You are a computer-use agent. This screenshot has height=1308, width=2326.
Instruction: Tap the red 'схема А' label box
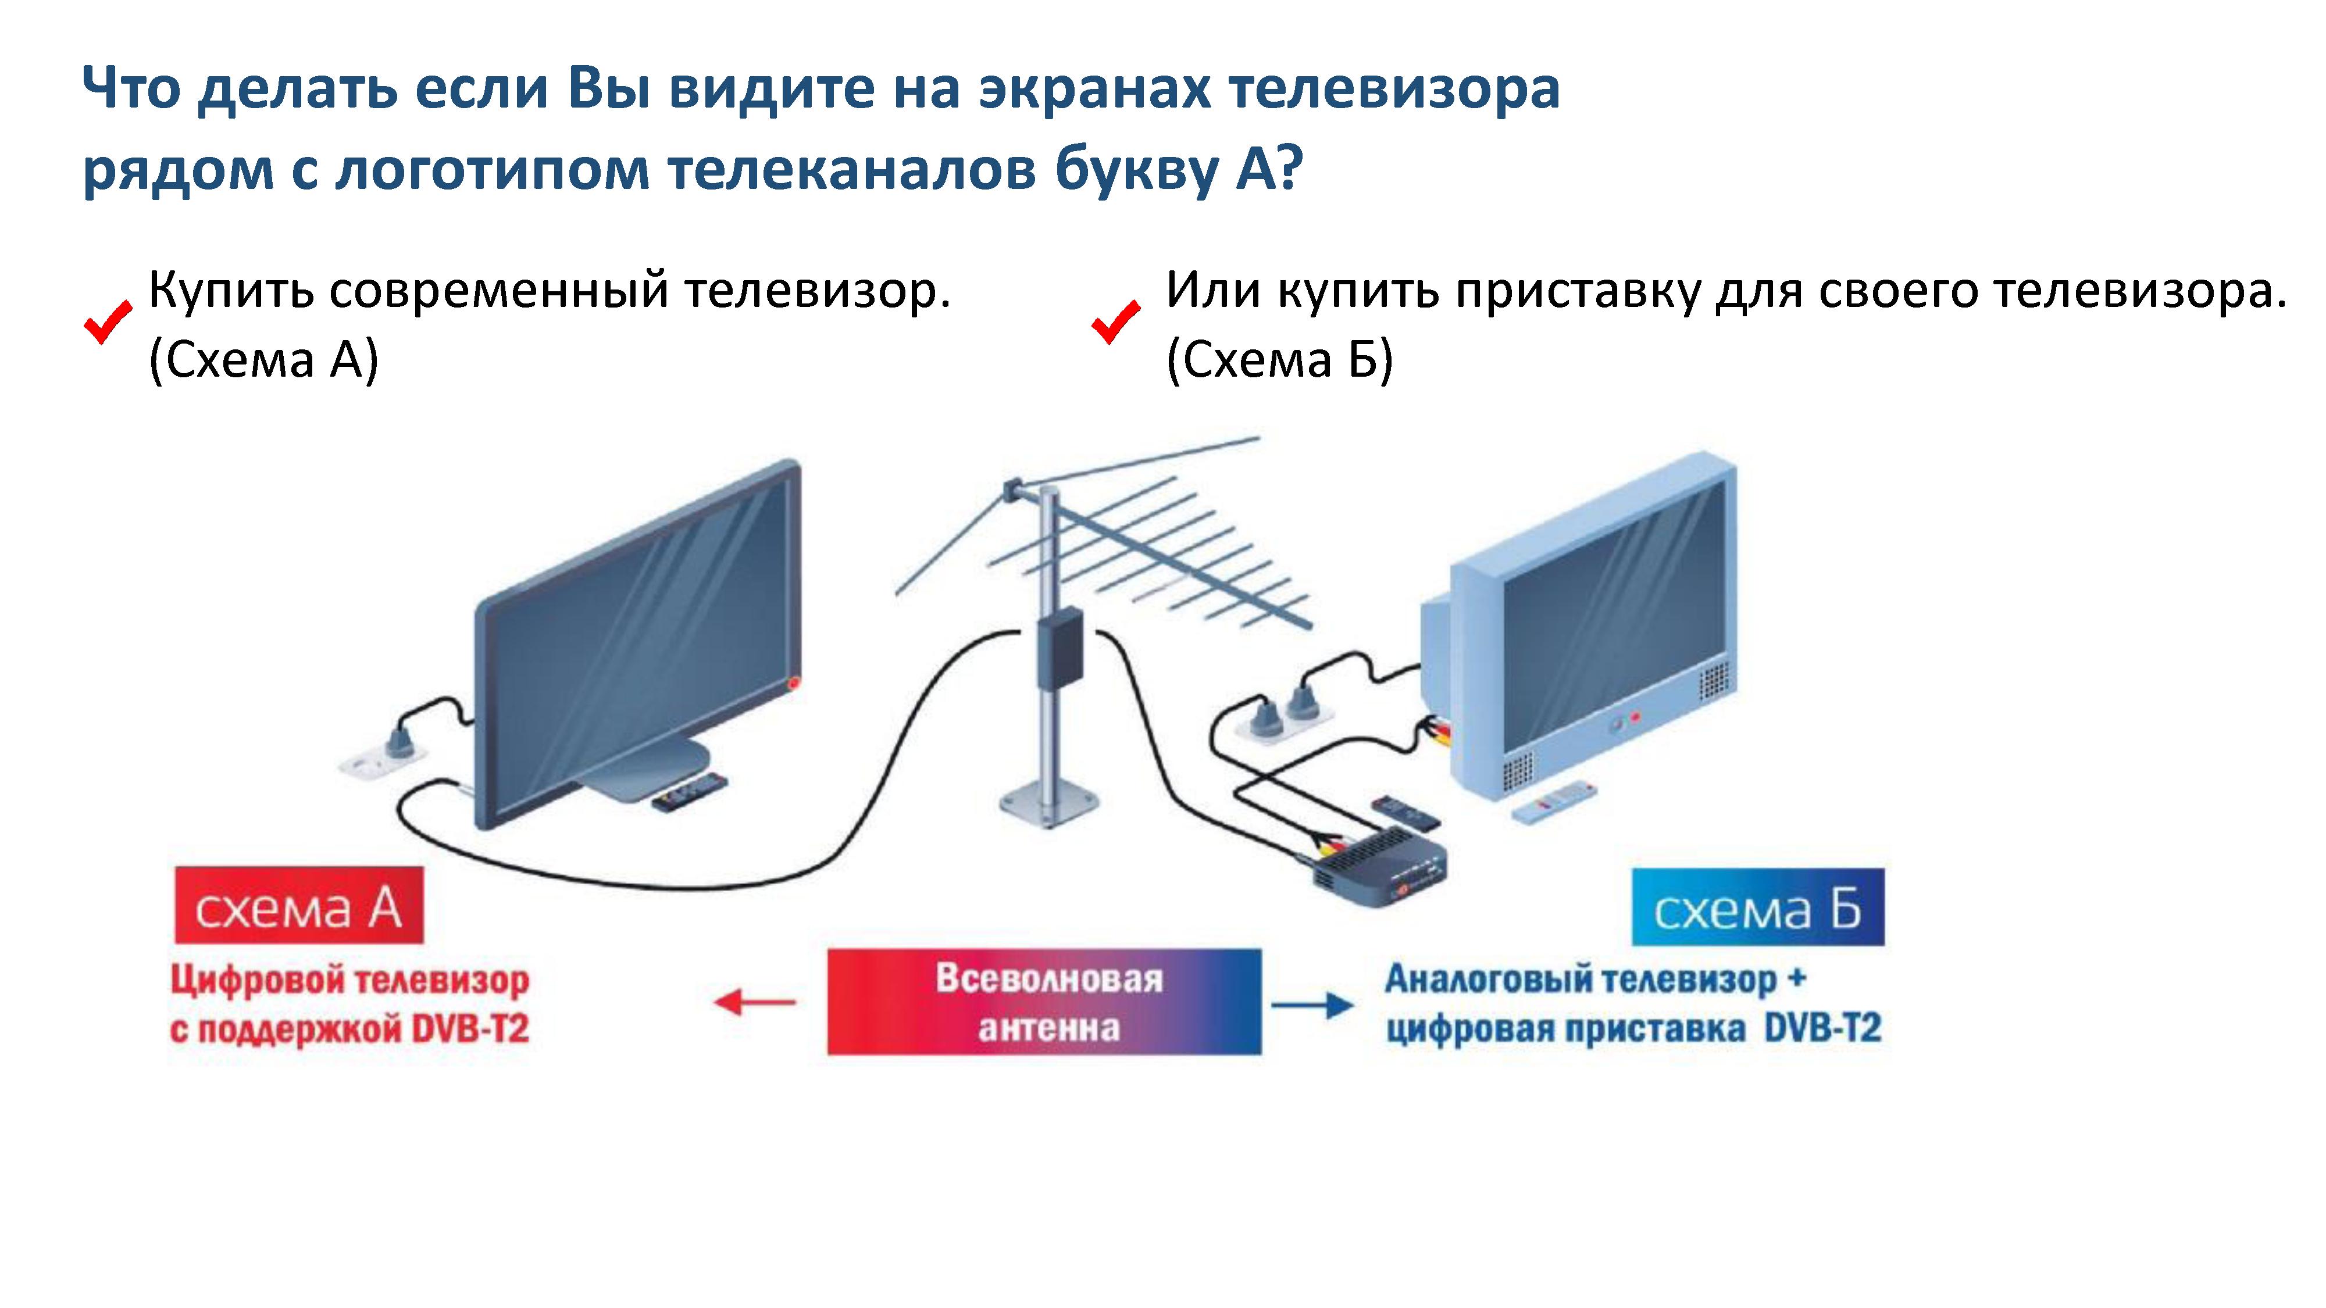pos(299,905)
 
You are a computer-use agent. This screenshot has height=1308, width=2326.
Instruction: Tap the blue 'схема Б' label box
pos(1757,907)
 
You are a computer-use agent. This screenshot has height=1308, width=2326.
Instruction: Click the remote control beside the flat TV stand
pos(689,792)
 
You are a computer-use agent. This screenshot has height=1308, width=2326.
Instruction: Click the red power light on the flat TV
pos(794,683)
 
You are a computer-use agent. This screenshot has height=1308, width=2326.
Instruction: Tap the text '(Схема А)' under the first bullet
pos(263,360)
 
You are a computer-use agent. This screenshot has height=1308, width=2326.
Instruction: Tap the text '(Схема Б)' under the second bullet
pos(1279,360)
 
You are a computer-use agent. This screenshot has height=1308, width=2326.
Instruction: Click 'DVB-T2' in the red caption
pos(469,1029)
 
